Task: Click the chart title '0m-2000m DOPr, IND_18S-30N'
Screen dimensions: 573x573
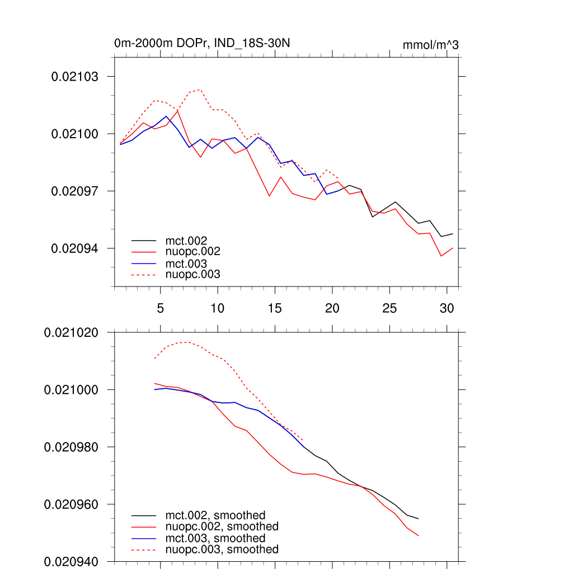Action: tap(202, 44)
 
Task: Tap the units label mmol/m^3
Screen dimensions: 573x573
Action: tap(430, 45)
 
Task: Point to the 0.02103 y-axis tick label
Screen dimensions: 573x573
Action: tap(74, 77)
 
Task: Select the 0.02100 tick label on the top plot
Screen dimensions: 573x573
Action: tap(74, 134)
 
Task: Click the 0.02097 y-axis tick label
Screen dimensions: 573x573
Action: tap(74, 191)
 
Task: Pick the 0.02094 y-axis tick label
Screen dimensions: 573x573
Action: tap(74, 248)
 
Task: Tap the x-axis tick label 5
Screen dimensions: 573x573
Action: tap(160, 308)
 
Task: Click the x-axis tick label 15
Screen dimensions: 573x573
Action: tap(275, 308)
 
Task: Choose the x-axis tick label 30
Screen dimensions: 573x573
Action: tap(447, 308)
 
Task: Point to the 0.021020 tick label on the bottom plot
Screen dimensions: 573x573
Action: tap(71, 332)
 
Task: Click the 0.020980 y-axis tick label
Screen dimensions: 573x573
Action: tap(71, 447)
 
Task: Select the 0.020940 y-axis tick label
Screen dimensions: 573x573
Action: tap(71, 561)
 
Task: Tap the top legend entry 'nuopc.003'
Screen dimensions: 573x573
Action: tap(193, 275)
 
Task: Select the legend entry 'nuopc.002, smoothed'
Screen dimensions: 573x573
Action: tap(222, 527)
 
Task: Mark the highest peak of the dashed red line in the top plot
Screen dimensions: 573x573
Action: tap(200, 90)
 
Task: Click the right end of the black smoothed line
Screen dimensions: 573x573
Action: tap(418, 519)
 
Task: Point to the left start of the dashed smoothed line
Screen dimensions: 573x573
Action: tap(154, 359)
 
